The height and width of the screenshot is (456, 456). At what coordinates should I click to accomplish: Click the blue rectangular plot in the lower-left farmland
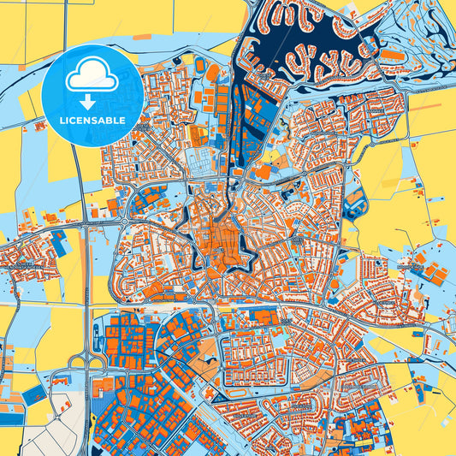click(34, 394)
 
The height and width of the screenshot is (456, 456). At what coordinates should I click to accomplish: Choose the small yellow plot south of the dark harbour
click(277, 158)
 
